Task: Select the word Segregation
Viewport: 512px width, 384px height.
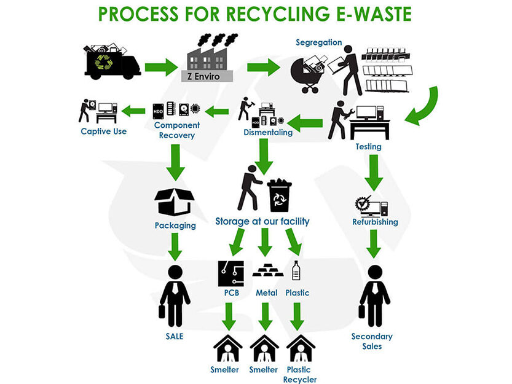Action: coord(318,42)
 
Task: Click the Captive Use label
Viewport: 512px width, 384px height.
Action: coord(103,131)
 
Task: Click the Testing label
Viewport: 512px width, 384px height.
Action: coord(368,147)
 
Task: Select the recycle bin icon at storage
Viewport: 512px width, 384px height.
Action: coord(279,195)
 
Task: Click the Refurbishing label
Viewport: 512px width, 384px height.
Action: coord(375,222)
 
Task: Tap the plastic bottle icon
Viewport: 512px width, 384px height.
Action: coord(297,271)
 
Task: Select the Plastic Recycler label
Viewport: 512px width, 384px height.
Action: coord(300,374)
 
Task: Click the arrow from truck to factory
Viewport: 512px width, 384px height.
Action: coord(162,66)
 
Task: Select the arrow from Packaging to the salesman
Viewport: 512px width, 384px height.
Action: coord(175,246)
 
